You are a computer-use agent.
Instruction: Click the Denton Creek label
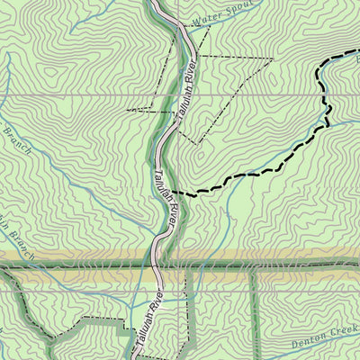coord(324,341)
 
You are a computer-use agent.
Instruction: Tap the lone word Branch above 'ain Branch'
coord(17,139)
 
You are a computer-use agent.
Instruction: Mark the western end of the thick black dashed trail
coord(173,192)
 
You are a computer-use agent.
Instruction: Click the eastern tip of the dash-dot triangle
coord(271,59)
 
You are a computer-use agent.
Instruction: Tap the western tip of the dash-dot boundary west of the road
coord(128,110)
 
